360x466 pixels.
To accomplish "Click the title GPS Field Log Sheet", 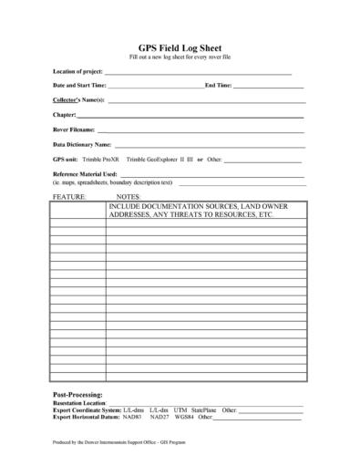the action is point(180,47).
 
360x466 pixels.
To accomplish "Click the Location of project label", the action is point(77,71).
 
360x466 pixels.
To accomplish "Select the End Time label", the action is point(218,85).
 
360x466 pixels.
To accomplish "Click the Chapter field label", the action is point(65,115).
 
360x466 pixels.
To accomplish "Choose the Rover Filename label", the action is point(74,129).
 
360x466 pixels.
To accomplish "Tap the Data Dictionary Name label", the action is point(82,144).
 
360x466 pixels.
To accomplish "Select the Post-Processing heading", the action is point(84,394).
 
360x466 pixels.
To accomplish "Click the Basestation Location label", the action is point(80,402).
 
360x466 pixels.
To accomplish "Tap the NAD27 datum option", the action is point(159,417).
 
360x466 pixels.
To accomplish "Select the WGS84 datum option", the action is point(185,417).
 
